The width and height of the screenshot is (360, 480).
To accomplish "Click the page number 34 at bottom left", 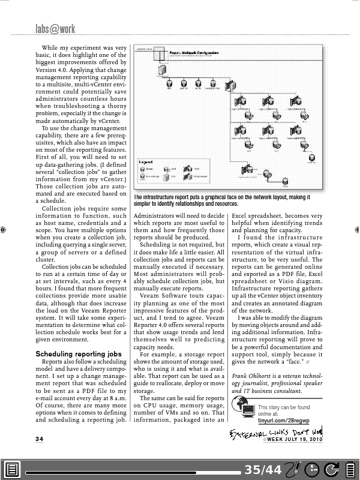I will pos(39,439).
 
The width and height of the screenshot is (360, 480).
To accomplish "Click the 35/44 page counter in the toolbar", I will pos(262,469).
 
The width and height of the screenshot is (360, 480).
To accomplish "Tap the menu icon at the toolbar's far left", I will pos(13,469).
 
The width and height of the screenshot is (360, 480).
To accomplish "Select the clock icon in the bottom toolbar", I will pos(311,469).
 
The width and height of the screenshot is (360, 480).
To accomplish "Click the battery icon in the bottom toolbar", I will pos(349,469).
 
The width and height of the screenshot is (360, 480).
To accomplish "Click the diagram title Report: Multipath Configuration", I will pos(199,53).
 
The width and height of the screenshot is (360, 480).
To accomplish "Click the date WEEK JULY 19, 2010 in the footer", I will pos(295,440).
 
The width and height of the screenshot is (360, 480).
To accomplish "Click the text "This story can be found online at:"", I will pos(284,411).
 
